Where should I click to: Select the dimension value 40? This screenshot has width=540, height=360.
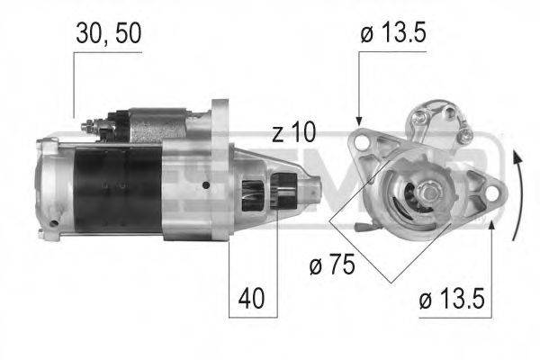(x=253, y=297)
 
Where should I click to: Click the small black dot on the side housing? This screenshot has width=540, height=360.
(x=206, y=185)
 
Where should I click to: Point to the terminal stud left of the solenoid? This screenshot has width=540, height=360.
(x=88, y=127)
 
